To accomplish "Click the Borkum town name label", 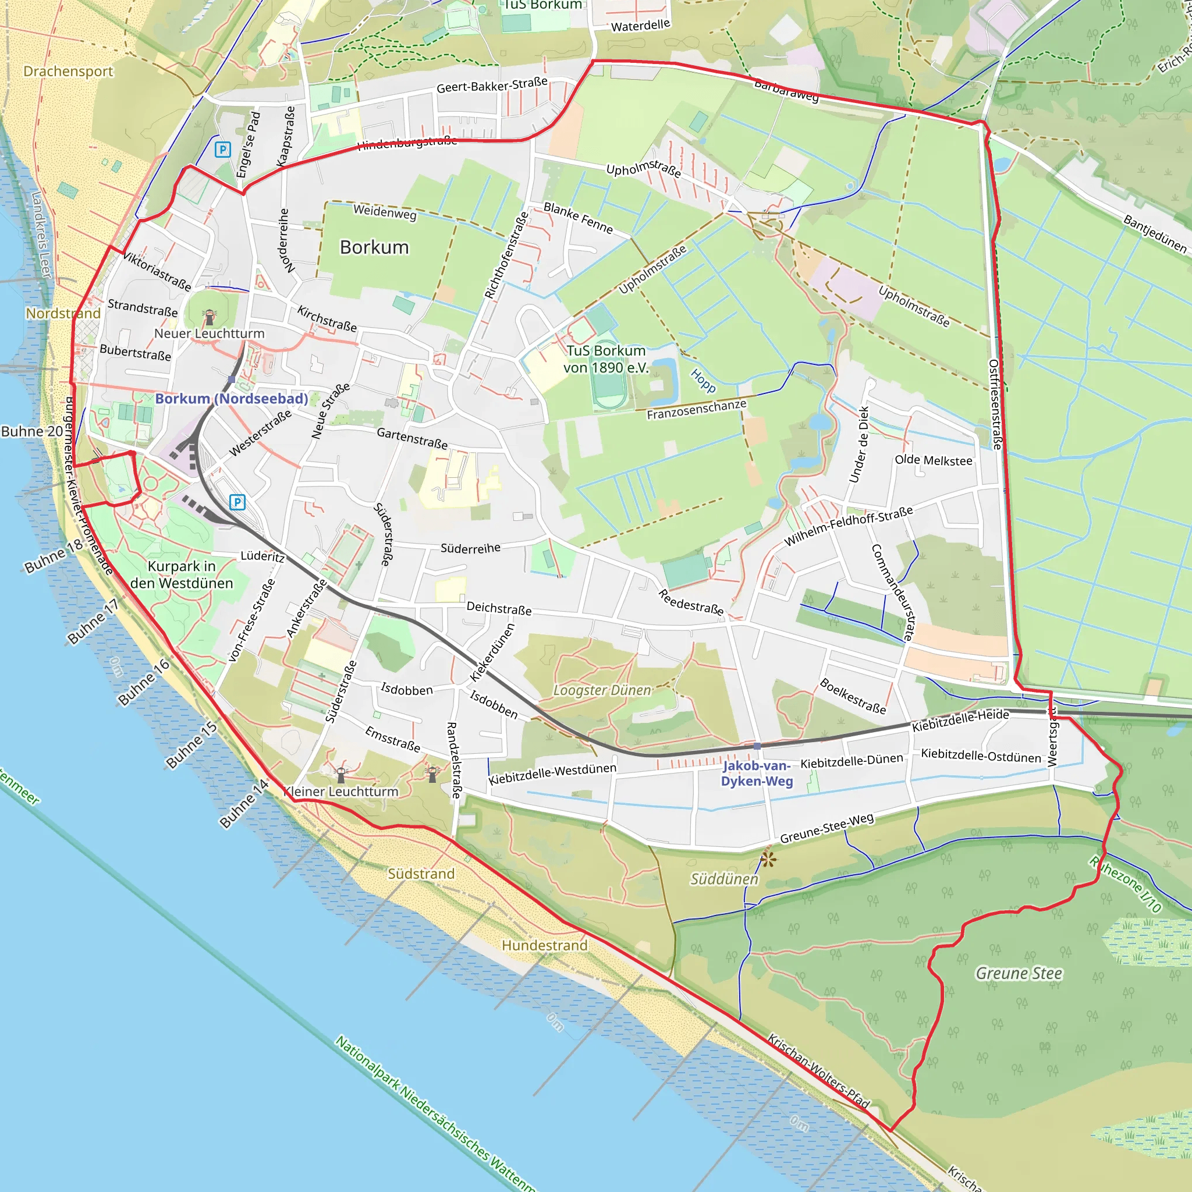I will coord(374,247).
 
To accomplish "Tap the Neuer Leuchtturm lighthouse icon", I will coord(210,317).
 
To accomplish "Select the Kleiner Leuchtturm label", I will coord(340,792).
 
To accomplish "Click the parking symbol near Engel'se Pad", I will coord(222,150).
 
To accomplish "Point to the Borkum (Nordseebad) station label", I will coord(232,399).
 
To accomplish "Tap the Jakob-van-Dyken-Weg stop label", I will coord(757,773).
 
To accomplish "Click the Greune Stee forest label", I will coord(1019,974).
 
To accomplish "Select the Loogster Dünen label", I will coord(602,690).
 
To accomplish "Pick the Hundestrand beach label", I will coord(544,945).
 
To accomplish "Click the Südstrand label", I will coord(421,874).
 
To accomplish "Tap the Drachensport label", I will coord(68,72).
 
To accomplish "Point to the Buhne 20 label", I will coord(32,431).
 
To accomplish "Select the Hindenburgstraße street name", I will coord(407,143).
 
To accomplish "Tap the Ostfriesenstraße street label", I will coord(994,404).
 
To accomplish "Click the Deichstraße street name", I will coord(499,608).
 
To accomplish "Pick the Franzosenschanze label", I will coord(697,409).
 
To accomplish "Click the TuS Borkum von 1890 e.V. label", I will coord(606,359).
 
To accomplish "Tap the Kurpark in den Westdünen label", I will coord(182,574).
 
